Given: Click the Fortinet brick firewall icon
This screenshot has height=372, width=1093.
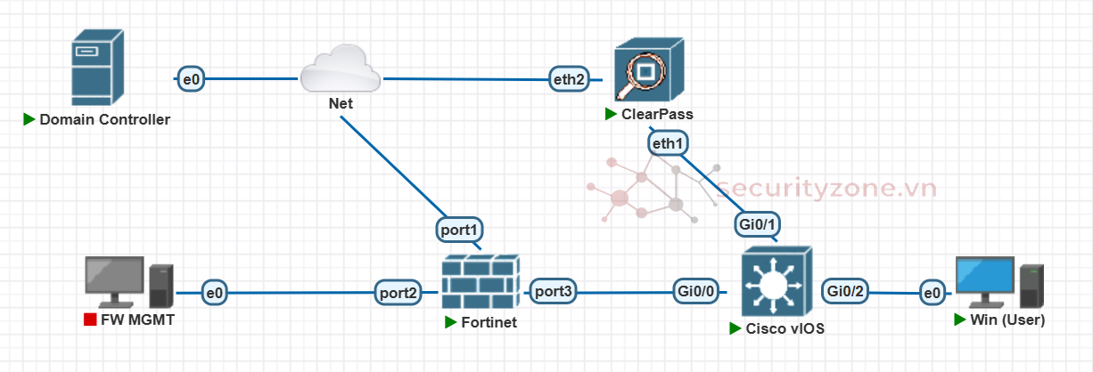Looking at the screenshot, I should click(x=481, y=280).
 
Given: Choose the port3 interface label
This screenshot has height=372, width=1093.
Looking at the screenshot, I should click(x=554, y=291).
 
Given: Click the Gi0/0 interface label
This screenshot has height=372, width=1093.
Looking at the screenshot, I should click(x=696, y=291).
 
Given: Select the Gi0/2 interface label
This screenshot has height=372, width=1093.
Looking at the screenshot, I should click(x=846, y=290).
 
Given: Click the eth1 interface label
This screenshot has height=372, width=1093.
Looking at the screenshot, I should click(x=668, y=142).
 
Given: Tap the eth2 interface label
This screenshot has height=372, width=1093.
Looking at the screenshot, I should click(x=570, y=79).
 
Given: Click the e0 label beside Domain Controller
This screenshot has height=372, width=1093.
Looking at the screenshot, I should click(x=191, y=79).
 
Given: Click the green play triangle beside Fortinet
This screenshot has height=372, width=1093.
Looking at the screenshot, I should click(x=451, y=322).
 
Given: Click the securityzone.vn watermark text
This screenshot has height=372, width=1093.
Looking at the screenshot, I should click(x=826, y=189).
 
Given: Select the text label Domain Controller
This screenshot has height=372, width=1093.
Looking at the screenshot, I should click(x=104, y=119).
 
